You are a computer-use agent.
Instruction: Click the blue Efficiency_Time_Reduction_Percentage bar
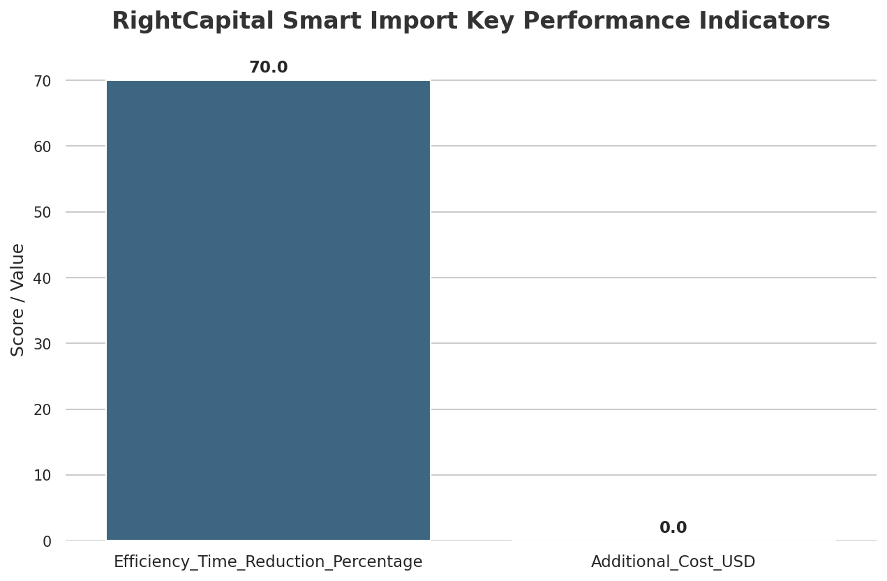pos(268,310)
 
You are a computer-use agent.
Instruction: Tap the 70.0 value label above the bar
pos(268,68)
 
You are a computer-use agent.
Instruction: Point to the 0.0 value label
pos(673,528)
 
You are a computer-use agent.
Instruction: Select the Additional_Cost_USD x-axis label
pos(673,561)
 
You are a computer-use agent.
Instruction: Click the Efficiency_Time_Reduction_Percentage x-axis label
pos(268,561)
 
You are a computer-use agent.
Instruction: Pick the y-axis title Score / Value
pos(18,300)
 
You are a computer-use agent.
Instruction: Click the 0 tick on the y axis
pos(47,541)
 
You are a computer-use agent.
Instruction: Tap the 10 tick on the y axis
pos(43,475)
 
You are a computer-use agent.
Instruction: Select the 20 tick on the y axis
pos(43,409)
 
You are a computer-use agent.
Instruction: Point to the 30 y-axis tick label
pos(43,344)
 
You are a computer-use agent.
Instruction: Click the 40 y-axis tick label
pos(43,278)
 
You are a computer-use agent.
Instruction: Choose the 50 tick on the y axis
pos(43,212)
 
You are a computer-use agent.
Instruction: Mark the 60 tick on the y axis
pos(43,146)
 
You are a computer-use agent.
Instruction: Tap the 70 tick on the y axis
pos(43,81)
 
